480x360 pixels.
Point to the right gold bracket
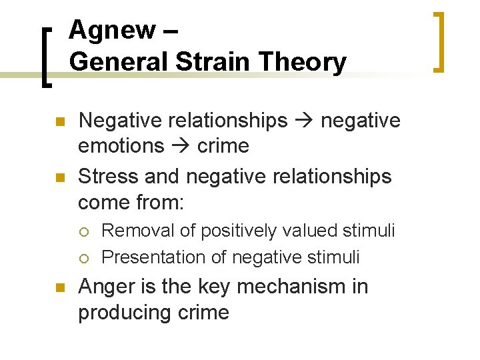[x=439, y=41]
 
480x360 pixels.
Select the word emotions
[x=121, y=146]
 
